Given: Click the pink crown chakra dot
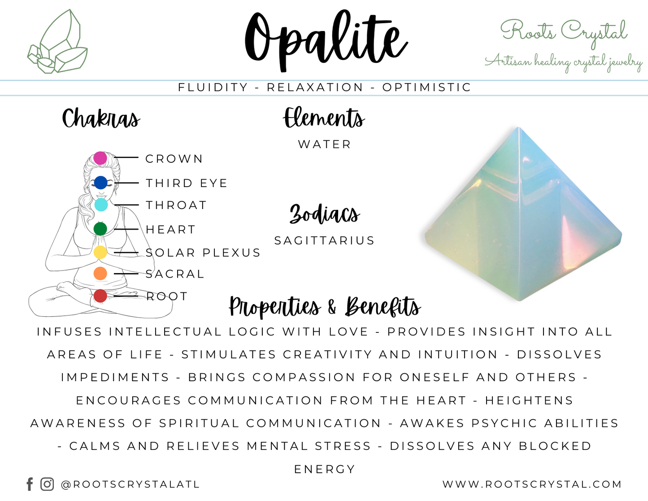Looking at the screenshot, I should click(100, 158).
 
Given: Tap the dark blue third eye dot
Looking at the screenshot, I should click(100, 183).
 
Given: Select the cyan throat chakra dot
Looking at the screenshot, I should click(101, 205).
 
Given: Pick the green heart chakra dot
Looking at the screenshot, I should click(100, 229).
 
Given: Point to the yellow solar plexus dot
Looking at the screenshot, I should click(100, 253).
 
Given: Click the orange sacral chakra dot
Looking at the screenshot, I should click(100, 273).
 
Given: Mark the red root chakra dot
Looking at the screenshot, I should click(100, 296).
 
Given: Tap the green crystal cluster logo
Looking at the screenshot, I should click(57, 43).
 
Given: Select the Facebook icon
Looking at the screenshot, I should click(30, 484).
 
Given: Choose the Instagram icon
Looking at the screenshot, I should click(47, 484).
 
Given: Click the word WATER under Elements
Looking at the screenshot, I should click(325, 144).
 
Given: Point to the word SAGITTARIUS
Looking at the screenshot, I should click(324, 241).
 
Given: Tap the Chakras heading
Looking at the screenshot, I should click(101, 119).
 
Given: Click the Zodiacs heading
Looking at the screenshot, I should click(324, 214).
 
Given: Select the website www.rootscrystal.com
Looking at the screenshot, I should click(532, 484).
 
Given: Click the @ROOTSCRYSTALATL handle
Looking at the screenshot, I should click(130, 484).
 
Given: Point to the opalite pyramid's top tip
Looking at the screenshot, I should click(519, 129).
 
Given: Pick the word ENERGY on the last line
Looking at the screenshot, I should click(324, 469).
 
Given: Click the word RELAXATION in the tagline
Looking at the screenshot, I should click(315, 87).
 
